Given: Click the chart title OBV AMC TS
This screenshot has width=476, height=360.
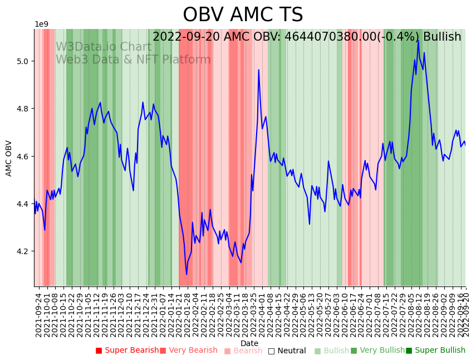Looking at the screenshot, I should (x=243, y=15).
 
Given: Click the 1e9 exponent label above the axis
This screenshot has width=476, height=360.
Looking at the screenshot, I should (x=42, y=24).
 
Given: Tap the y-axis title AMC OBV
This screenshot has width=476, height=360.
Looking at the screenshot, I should (x=9, y=158).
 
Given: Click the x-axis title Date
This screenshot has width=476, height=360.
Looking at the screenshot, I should (x=249, y=343).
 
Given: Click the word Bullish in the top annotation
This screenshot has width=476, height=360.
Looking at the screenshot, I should (x=442, y=37).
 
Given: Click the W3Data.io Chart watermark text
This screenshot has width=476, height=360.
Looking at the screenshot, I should (x=104, y=47).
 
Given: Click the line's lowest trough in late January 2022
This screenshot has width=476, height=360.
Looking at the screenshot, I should (x=187, y=274).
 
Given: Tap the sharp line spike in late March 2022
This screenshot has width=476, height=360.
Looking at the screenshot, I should (x=258, y=70).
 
